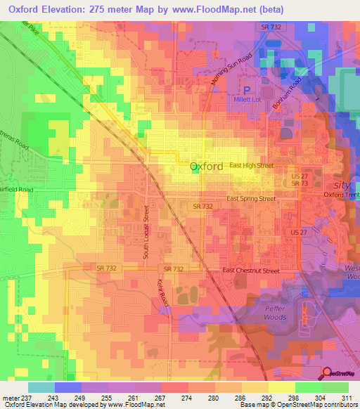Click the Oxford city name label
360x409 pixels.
(x=207, y=167)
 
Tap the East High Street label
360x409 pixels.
(x=252, y=166)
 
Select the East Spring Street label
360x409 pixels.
(x=250, y=199)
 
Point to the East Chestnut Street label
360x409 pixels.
(x=251, y=271)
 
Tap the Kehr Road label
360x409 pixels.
(x=165, y=290)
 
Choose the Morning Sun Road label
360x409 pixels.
(x=231, y=70)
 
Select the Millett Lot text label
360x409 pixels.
(x=247, y=100)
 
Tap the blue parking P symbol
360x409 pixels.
(x=247, y=90)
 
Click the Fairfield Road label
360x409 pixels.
(x=15, y=190)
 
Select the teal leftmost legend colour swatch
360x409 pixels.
(x=41, y=387)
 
